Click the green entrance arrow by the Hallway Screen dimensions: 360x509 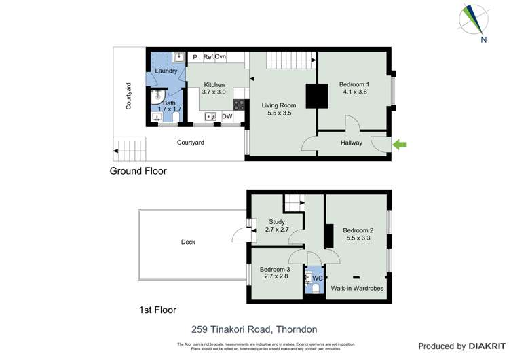point(400,144)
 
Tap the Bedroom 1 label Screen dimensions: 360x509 point(353,84)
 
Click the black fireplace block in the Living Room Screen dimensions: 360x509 point(314,96)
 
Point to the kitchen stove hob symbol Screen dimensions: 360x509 point(239,105)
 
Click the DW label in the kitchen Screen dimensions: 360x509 point(227,116)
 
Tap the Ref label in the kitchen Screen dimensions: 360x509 point(208,57)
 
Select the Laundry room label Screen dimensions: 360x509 point(166,71)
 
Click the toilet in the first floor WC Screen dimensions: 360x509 point(314,288)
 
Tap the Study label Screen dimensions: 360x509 point(276,221)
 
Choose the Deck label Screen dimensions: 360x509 point(189,242)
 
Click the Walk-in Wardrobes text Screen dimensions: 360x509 point(357,289)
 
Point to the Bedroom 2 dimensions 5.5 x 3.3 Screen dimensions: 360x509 point(357,238)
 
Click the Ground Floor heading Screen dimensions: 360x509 point(138,171)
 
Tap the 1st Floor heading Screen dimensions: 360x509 point(157,310)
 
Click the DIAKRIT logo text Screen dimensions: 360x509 point(484,346)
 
